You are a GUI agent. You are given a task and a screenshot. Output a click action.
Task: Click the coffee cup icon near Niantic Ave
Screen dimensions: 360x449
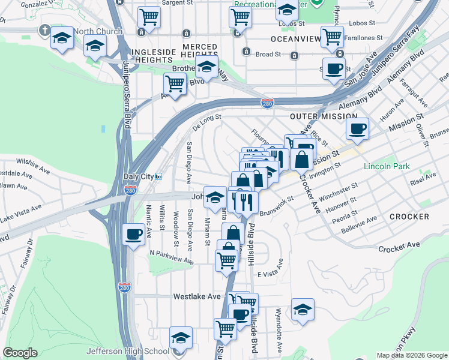pos(133,234)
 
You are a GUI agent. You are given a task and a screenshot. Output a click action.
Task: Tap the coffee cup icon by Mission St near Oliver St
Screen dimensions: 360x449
pos(357,128)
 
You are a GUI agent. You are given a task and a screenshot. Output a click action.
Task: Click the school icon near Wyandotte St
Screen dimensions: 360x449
pos(303,310)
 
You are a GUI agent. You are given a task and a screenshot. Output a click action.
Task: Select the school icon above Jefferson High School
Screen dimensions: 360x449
pos(181,338)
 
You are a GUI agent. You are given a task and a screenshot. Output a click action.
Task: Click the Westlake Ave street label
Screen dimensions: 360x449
pos(197,296)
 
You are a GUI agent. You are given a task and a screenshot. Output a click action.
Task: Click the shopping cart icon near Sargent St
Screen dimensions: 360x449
pos(149,17)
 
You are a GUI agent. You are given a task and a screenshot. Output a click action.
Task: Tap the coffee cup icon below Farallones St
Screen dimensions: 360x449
pos(334,68)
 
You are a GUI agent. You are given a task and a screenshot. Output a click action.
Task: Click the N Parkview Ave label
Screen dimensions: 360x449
pos(172,257)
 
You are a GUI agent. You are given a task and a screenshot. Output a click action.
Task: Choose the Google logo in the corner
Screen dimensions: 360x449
pos(20,353)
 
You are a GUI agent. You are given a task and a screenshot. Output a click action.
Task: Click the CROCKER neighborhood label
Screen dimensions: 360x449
pos(409,216)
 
